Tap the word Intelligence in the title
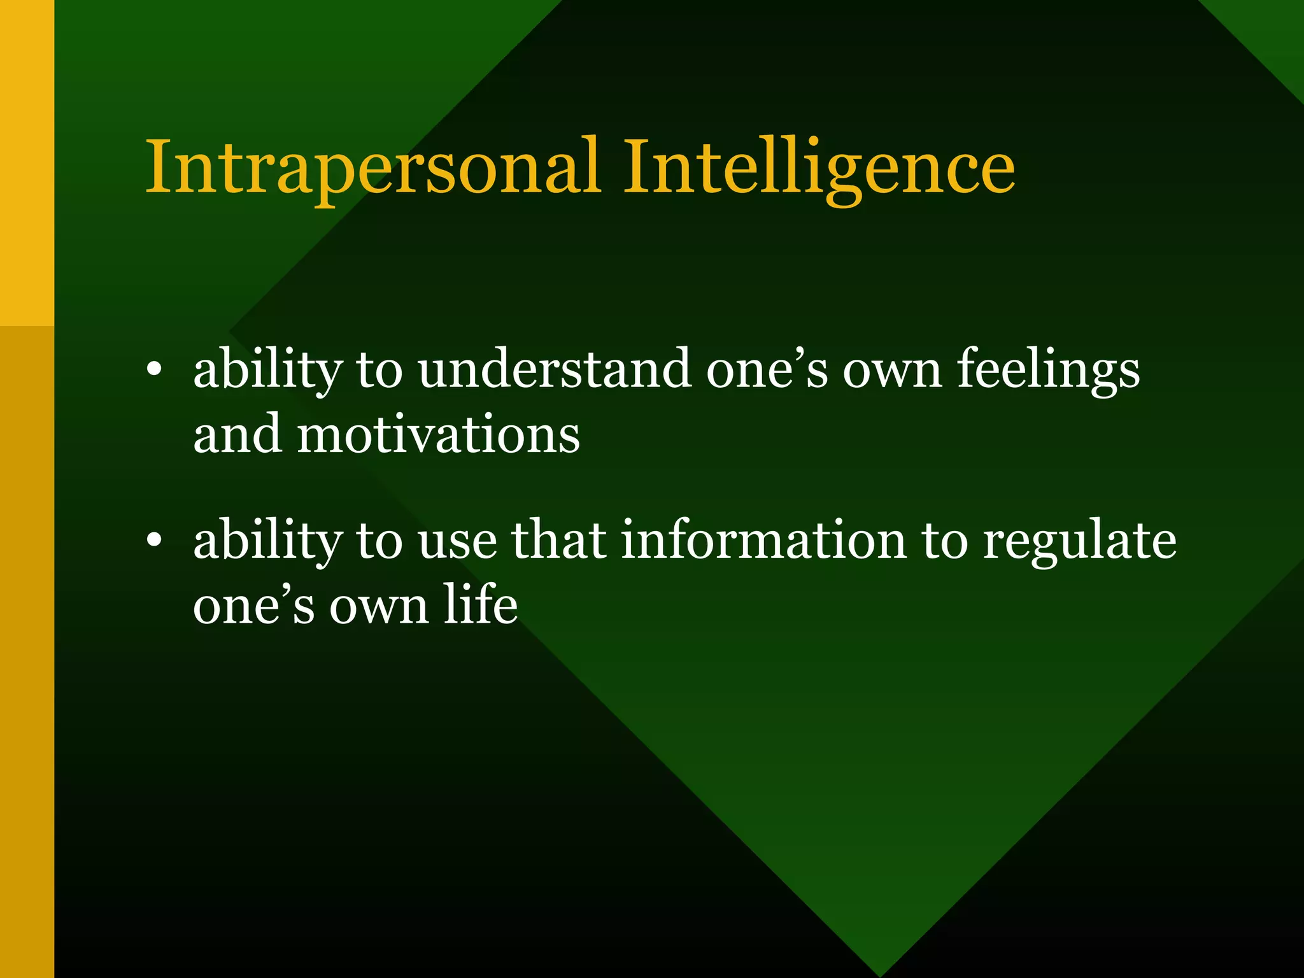[818, 168]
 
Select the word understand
[554, 370]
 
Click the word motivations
[439, 435]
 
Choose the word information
[763, 541]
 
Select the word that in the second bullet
[558, 541]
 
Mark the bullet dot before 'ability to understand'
[153, 371]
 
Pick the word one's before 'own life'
[253, 606]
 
